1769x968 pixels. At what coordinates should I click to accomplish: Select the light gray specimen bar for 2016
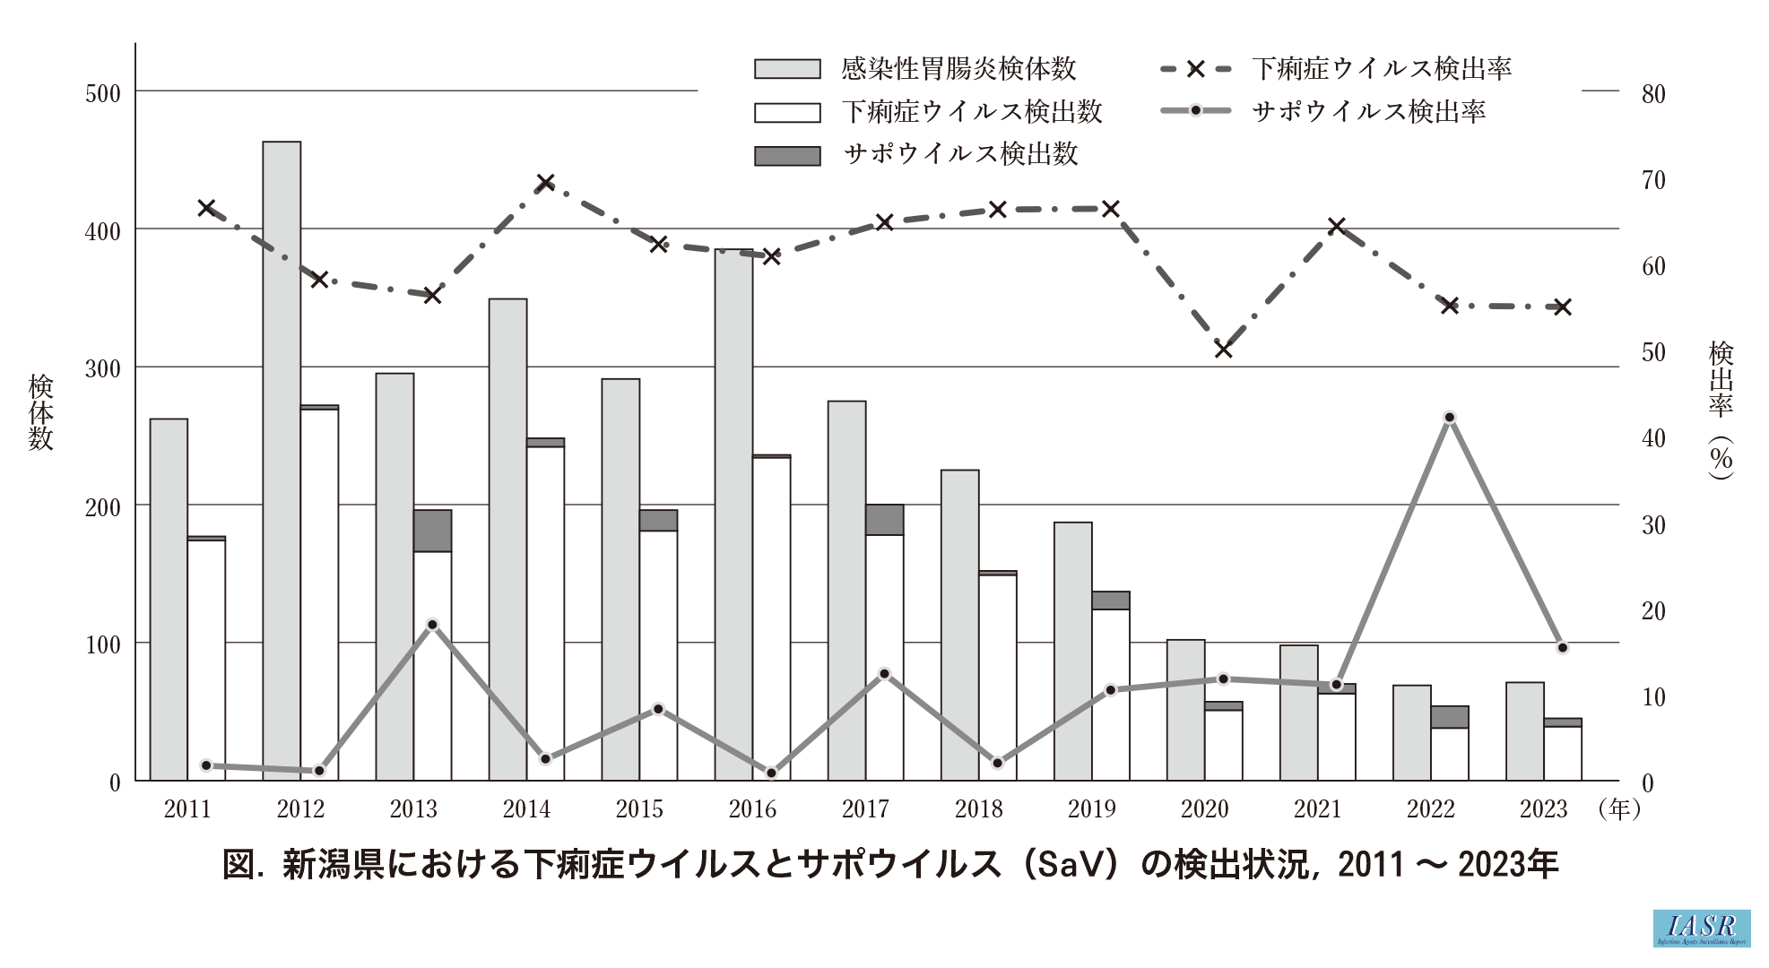pyautogui.click(x=733, y=514)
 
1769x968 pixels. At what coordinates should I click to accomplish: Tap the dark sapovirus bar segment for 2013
pyautogui.click(x=432, y=531)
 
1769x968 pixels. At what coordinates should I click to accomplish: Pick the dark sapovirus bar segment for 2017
pyautogui.click(x=884, y=520)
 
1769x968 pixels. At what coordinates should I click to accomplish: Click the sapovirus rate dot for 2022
pyautogui.click(x=1449, y=418)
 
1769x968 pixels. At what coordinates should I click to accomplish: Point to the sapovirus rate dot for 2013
pyautogui.click(x=432, y=625)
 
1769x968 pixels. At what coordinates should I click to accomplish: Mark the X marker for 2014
pyautogui.click(x=545, y=183)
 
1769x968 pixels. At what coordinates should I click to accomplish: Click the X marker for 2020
pyautogui.click(x=1223, y=349)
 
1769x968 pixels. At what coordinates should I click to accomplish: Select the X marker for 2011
pyautogui.click(x=206, y=208)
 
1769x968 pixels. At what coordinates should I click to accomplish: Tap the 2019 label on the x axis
pyautogui.click(x=1091, y=809)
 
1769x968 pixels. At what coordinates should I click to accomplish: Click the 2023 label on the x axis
pyautogui.click(x=1543, y=809)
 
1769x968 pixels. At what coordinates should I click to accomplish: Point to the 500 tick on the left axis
pyautogui.click(x=102, y=93)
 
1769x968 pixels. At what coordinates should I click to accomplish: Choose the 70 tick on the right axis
pyautogui.click(x=1652, y=180)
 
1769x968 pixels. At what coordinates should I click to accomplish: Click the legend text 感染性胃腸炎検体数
pyautogui.click(x=958, y=69)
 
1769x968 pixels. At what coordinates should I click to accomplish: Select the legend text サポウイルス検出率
pyautogui.click(x=1368, y=112)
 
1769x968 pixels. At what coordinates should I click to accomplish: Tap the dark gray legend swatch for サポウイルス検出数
pyautogui.click(x=787, y=156)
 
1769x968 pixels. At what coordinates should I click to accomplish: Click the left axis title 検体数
pyautogui.click(x=41, y=412)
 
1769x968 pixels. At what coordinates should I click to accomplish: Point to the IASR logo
pyautogui.click(x=1701, y=929)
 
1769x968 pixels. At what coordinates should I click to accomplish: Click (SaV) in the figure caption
pyautogui.click(x=1071, y=865)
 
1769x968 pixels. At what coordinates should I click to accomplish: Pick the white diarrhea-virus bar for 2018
pyautogui.click(x=997, y=678)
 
